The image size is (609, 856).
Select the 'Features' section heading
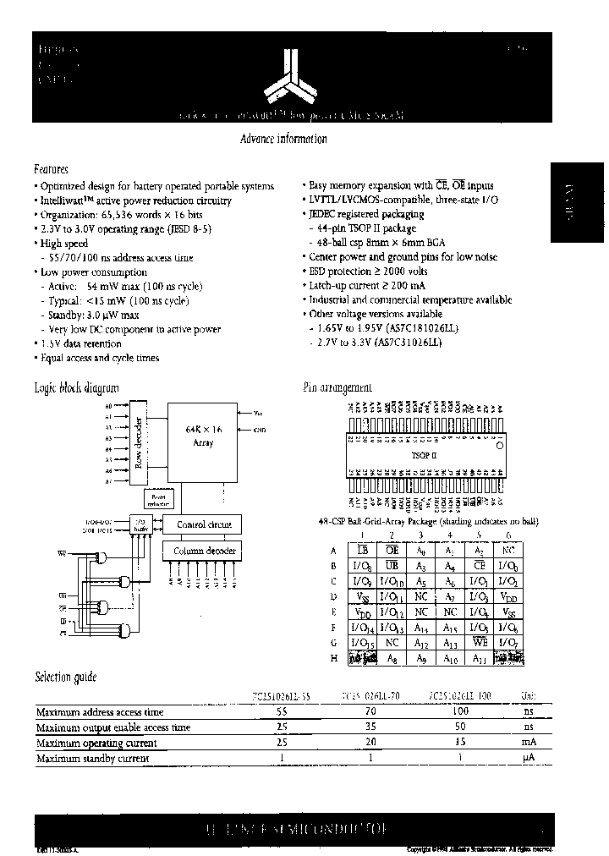pyautogui.click(x=51, y=169)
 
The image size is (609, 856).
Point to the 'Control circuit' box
pyautogui.click(x=202, y=524)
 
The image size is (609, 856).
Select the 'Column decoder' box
pyautogui.click(x=202, y=551)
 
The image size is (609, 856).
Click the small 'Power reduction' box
pyautogui.click(x=158, y=500)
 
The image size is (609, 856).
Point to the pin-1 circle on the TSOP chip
pyautogui.click(x=500, y=443)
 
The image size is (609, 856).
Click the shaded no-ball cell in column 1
pyautogui.click(x=363, y=657)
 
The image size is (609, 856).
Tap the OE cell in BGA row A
pyautogui.click(x=392, y=550)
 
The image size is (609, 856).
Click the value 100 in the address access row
pyautogui.click(x=458, y=711)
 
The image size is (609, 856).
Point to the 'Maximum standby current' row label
pyautogui.click(x=92, y=759)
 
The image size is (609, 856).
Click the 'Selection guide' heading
pyautogui.click(x=65, y=677)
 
